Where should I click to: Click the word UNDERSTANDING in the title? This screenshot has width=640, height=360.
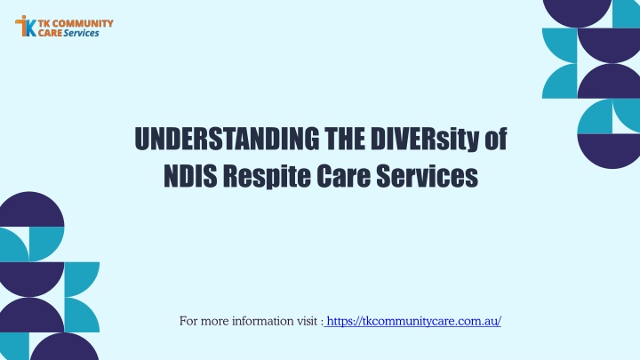click(227, 139)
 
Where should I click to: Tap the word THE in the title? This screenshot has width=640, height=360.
click(345, 139)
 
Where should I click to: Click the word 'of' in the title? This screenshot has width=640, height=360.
click(495, 139)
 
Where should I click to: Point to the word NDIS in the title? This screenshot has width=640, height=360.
click(190, 175)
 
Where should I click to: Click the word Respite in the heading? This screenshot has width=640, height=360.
click(267, 177)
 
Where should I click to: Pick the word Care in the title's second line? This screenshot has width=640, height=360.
click(343, 175)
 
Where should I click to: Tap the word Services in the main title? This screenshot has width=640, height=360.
click(427, 175)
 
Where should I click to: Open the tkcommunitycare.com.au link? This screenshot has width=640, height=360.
click(414, 321)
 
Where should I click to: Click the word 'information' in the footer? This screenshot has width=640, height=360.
click(260, 321)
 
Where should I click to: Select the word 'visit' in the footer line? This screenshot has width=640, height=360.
click(305, 321)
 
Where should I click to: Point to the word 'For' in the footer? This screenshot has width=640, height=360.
click(188, 321)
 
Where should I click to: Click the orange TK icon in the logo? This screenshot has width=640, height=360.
click(26, 26)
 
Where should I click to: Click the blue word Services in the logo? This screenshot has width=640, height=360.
click(81, 33)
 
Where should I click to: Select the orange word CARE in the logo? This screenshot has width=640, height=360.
click(50, 33)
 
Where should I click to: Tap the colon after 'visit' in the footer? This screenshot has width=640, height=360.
click(322, 323)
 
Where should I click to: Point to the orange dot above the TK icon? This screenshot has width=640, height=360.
click(24, 18)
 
